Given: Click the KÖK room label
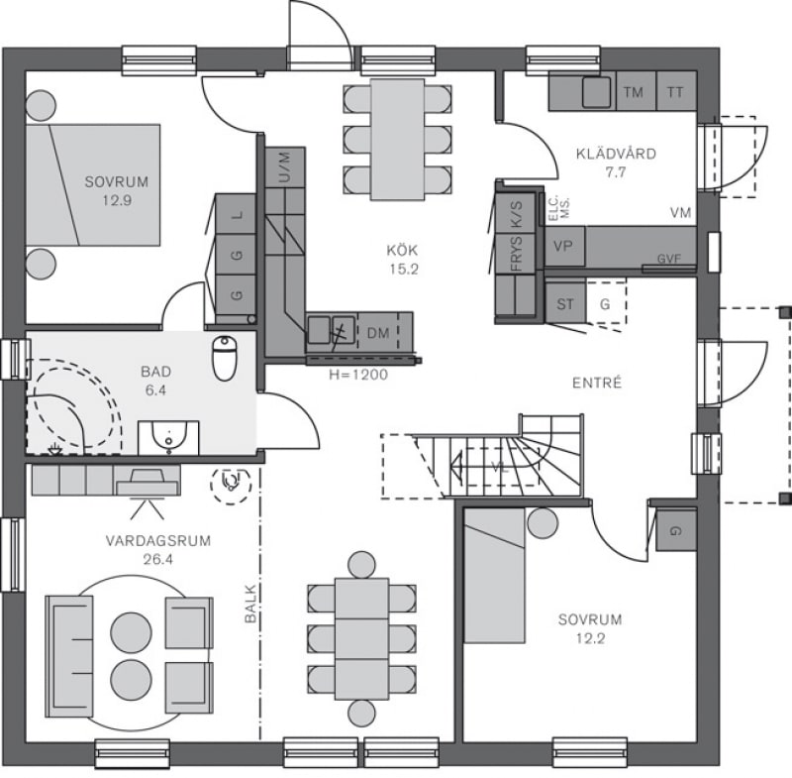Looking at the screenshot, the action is [x=403, y=250].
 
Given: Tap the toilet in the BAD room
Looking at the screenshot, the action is [x=225, y=358].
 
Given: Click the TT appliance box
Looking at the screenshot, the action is [x=676, y=91].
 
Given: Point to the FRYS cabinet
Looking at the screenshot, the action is [x=516, y=254].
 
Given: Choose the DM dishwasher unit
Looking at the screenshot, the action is [x=378, y=333].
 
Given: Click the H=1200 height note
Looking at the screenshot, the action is [x=358, y=375].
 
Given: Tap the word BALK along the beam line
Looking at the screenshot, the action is [x=250, y=604].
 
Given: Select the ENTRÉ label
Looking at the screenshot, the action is [x=597, y=383].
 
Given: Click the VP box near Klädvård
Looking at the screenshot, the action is [x=564, y=246].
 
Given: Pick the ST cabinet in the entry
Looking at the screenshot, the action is [x=565, y=304].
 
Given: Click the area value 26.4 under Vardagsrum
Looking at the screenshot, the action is [x=158, y=559].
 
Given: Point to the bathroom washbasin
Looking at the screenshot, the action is [x=168, y=437].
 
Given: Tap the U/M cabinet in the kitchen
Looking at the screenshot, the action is [x=285, y=167].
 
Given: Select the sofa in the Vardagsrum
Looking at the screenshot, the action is [x=69, y=656].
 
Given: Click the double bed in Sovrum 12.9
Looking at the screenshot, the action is [x=93, y=185].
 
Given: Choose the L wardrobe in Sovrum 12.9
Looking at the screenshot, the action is [x=236, y=214].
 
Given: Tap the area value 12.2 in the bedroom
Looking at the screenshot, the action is [x=590, y=638].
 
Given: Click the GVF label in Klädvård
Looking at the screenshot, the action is [x=669, y=259].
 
